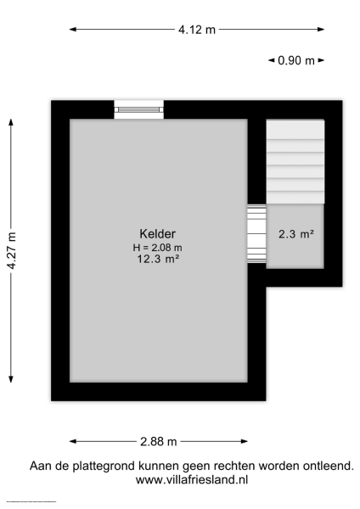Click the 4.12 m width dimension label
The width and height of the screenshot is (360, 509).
(x=196, y=30)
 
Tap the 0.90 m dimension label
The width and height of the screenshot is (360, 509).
(x=296, y=60)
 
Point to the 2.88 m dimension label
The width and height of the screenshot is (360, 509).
(x=159, y=441)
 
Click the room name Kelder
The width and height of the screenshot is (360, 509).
(x=158, y=234)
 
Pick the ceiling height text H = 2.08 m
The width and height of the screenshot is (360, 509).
(x=158, y=247)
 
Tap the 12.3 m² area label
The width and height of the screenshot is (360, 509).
(x=158, y=260)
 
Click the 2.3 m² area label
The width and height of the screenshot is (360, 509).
(x=296, y=234)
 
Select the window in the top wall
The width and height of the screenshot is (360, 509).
(x=139, y=109)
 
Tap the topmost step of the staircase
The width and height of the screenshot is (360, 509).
(x=295, y=130)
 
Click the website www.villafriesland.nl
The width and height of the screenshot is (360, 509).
(x=192, y=479)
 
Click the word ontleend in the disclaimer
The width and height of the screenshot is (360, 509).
(x=325, y=466)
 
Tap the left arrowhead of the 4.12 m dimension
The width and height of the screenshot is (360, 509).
(x=72, y=30)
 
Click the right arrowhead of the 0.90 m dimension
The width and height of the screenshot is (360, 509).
(x=323, y=60)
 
